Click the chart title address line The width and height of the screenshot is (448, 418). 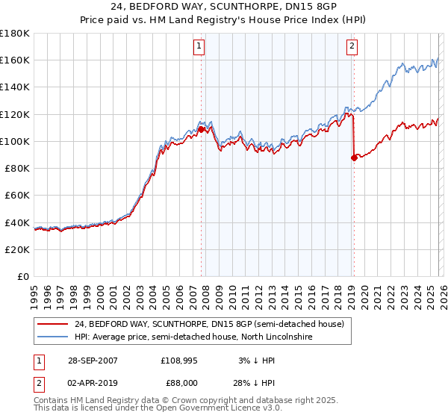(x=224, y=7)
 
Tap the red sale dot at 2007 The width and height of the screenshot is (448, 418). (x=202, y=129)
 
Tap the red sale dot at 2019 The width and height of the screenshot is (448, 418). (x=353, y=157)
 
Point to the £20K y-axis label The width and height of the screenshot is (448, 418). (x=17, y=249)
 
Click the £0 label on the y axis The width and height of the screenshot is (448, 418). (x=22, y=277)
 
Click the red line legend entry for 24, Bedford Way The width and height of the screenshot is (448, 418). (x=209, y=325)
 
